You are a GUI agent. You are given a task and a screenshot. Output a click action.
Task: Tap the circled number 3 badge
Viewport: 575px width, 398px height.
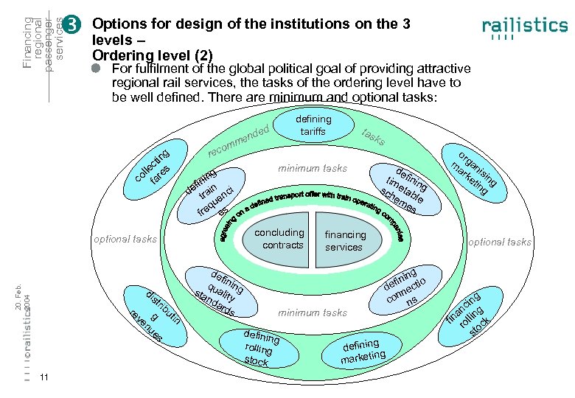click(x=72, y=25)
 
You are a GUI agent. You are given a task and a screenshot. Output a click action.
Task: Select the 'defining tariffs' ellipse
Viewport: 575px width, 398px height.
click(x=313, y=125)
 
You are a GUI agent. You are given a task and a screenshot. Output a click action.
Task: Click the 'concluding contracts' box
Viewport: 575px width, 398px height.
click(x=279, y=238)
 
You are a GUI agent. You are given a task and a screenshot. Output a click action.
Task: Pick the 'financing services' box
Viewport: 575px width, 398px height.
click(x=346, y=240)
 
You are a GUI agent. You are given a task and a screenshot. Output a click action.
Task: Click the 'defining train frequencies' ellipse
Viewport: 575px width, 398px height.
click(x=213, y=194)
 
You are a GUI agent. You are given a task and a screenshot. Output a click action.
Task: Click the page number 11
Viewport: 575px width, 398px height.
click(x=45, y=378)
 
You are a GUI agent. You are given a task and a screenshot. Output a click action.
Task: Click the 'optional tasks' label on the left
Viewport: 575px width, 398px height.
click(x=125, y=239)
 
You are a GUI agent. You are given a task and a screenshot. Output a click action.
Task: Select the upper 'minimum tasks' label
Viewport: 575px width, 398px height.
click(x=312, y=168)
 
